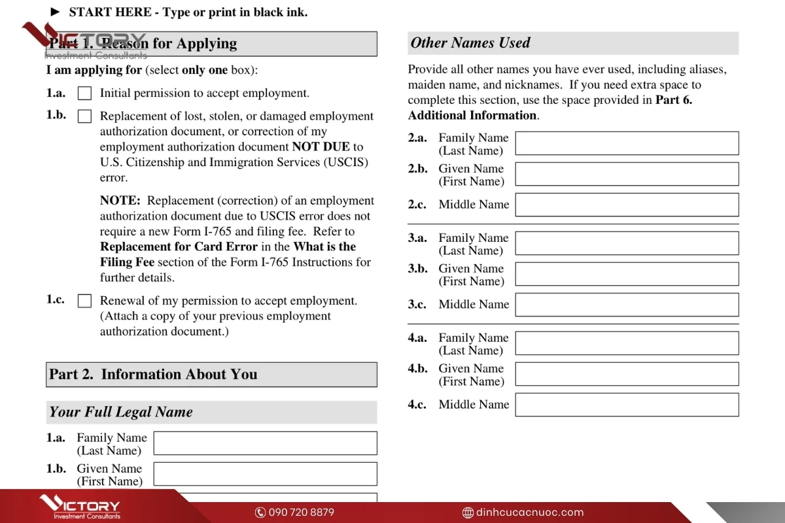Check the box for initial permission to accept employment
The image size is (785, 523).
[84, 93]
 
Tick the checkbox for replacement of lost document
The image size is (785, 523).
[84, 116]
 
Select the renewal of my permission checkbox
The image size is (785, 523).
[84, 301]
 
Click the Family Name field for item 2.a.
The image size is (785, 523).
[627, 143]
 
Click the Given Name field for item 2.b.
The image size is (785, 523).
[627, 174]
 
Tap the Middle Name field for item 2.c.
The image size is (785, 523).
[627, 205]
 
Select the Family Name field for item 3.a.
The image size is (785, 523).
[627, 243]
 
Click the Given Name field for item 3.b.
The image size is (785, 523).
[627, 274]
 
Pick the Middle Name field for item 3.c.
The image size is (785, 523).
[627, 305]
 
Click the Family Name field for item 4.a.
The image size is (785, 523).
[627, 343]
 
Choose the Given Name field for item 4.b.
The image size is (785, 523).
[627, 374]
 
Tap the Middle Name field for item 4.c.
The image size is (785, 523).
[627, 405]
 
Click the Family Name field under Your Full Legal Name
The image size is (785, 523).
[265, 443]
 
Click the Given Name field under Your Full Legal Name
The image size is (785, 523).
[265, 474]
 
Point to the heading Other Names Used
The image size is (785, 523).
[470, 43]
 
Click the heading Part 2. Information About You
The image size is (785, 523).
[153, 375]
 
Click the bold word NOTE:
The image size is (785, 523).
[120, 201]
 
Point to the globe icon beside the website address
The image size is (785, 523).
[468, 513]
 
